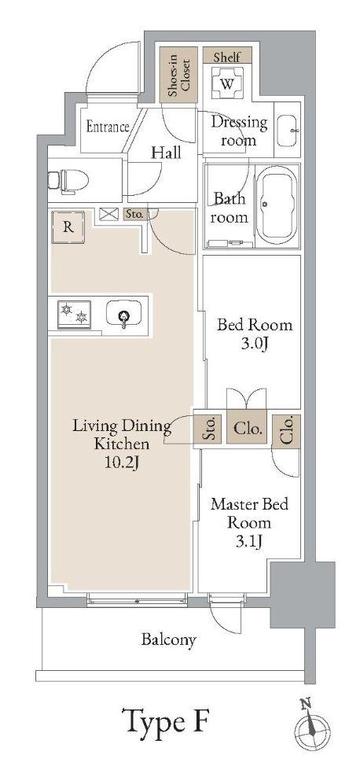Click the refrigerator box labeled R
pyautogui.click(x=68, y=227)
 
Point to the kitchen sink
pyautogui.click(x=124, y=315)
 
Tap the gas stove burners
pyautogui.click(x=74, y=315)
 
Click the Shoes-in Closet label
pyautogui.click(x=178, y=74)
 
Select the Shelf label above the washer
pyautogui.click(x=227, y=56)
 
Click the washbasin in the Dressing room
pyautogui.click(x=288, y=131)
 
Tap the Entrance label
pyautogui.click(x=108, y=127)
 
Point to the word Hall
pyautogui.click(x=167, y=153)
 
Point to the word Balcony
pyautogui.click(x=169, y=640)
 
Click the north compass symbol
pyautogui.click(x=313, y=727)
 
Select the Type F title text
pyautogui.click(x=167, y=720)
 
